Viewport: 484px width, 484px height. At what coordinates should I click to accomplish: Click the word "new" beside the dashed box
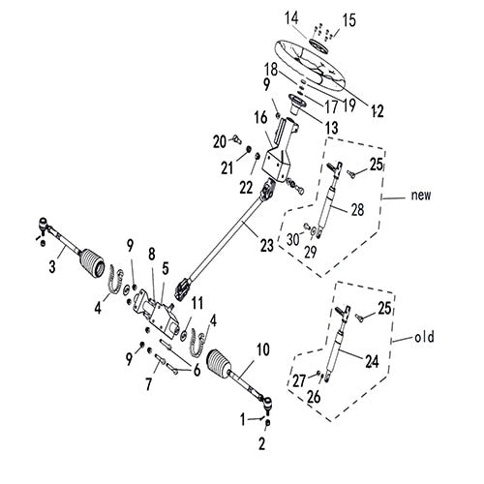click(x=418, y=195)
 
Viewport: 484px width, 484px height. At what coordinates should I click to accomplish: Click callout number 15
click(x=349, y=20)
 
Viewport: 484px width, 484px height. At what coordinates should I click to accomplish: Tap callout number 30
click(x=291, y=239)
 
